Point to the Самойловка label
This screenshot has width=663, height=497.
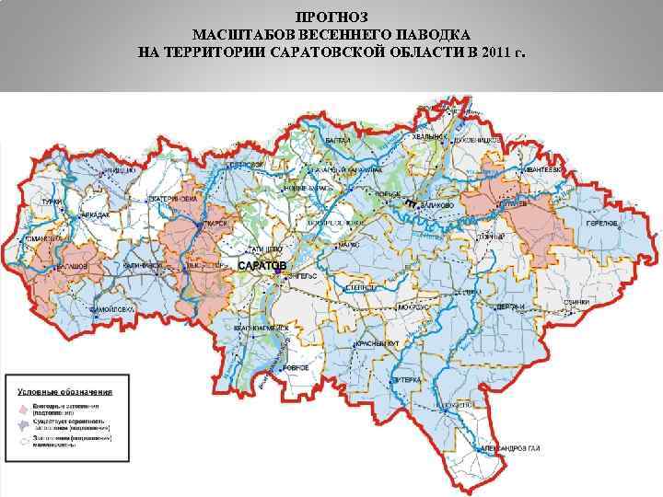pyautogui.click(x=110, y=310)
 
